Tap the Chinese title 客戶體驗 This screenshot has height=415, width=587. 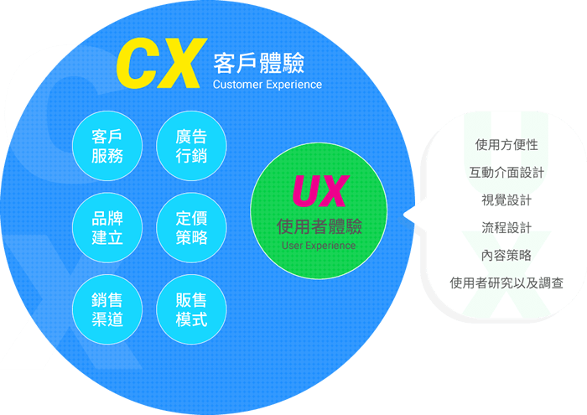click(258, 63)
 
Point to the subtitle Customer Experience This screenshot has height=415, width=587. click(267, 85)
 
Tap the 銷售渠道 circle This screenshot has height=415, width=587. click(107, 309)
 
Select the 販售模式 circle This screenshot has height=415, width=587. click(191, 309)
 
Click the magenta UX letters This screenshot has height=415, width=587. click(319, 193)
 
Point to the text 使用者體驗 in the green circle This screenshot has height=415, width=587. click(319, 226)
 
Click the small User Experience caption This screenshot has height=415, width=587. click(319, 246)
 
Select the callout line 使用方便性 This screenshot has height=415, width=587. click(506, 145)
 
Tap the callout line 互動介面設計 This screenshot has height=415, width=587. click(506, 173)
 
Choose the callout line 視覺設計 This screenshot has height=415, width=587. click(506, 200)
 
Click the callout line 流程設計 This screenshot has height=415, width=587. click(506, 228)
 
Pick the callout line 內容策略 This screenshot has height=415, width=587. click(506, 255)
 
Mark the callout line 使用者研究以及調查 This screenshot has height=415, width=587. click(506, 283)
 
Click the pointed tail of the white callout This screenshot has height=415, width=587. click(410, 215)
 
